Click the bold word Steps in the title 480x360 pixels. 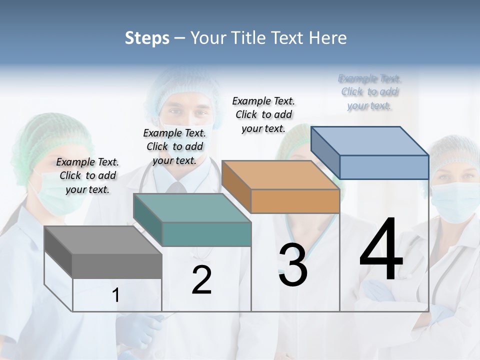(147, 38)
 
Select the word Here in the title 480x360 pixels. (328, 38)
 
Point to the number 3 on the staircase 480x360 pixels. (292, 265)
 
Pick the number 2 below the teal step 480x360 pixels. (201, 280)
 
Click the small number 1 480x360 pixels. (116, 295)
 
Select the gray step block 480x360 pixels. (103, 252)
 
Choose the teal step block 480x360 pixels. (192, 220)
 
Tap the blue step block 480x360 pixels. (370, 152)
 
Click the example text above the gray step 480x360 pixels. (87, 175)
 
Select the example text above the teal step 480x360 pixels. (174, 146)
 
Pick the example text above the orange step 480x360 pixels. (263, 114)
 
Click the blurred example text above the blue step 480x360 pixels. (369, 92)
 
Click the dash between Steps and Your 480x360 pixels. (179, 38)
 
